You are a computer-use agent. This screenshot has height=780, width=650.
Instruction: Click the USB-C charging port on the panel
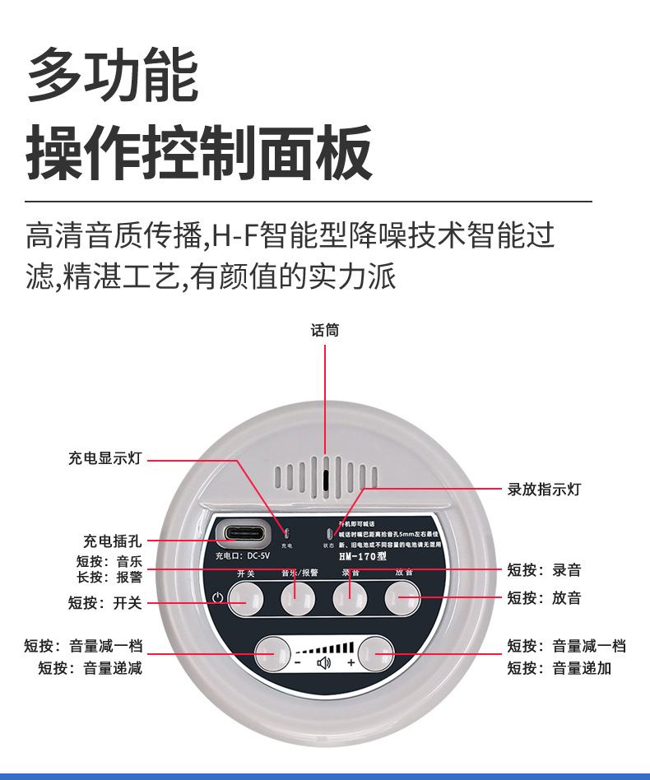click(243, 533)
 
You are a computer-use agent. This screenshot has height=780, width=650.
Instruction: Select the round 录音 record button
click(350, 598)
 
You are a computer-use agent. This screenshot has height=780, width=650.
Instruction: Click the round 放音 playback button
click(402, 598)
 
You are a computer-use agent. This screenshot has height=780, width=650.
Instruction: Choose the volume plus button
click(375, 653)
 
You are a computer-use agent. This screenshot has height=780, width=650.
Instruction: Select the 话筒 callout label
click(325, 331)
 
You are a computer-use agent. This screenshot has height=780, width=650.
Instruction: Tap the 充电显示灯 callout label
click(105, 459)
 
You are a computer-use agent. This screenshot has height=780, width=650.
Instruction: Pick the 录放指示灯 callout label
click(544, 489)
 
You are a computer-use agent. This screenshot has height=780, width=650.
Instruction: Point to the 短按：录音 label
click(544, 569)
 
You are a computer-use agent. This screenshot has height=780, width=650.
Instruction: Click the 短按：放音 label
click(544, 598)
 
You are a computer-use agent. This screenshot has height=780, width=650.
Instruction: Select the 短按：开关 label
click(105, 603)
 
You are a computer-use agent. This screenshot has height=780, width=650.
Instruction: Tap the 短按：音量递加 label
click(559, 668)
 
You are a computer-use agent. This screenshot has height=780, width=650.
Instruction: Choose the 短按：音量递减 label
click(91, 668)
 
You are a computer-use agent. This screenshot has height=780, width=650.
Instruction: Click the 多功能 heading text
click(113, 76)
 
